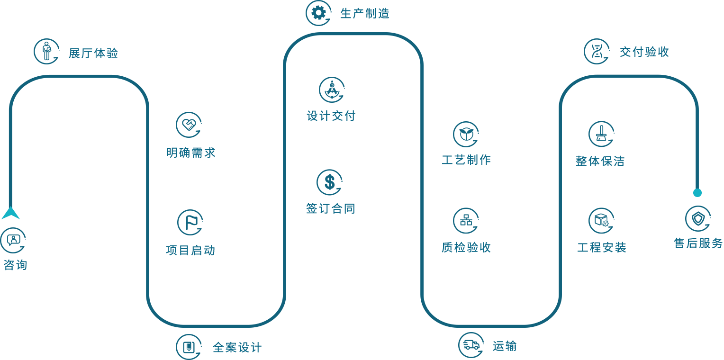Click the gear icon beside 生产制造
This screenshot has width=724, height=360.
(x=318, y=13)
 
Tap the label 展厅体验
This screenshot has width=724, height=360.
(x=93, y=54)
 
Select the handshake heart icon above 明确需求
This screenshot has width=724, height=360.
(x=189, y=125)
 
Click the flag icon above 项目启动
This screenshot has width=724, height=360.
(x=190, y=223)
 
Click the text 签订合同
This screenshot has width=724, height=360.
(x=330, y=208)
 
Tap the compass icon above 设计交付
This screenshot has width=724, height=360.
(x=331, y=90)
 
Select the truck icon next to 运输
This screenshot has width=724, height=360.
(x=471, y=345)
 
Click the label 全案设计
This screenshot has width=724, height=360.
(x=237, y=348)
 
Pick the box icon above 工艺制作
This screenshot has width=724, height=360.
(x=466, y=134)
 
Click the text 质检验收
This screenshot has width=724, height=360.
(x=466, y=247)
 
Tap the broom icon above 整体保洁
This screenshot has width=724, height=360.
(x=601, y=134)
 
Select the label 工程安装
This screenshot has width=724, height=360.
(x=602, y=247)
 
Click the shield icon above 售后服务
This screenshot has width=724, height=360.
(x=698, y=218)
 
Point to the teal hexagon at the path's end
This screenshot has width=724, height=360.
(x=697, y=192)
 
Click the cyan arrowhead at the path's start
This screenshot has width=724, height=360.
(x=10, y=214)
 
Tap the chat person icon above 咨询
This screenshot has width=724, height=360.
(x=13, y=240)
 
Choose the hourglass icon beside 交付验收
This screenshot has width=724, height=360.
(x=597, y=51)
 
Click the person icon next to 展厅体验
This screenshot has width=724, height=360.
(x=46, y=51)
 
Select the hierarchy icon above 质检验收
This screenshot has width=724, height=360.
(x=466, y=221)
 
